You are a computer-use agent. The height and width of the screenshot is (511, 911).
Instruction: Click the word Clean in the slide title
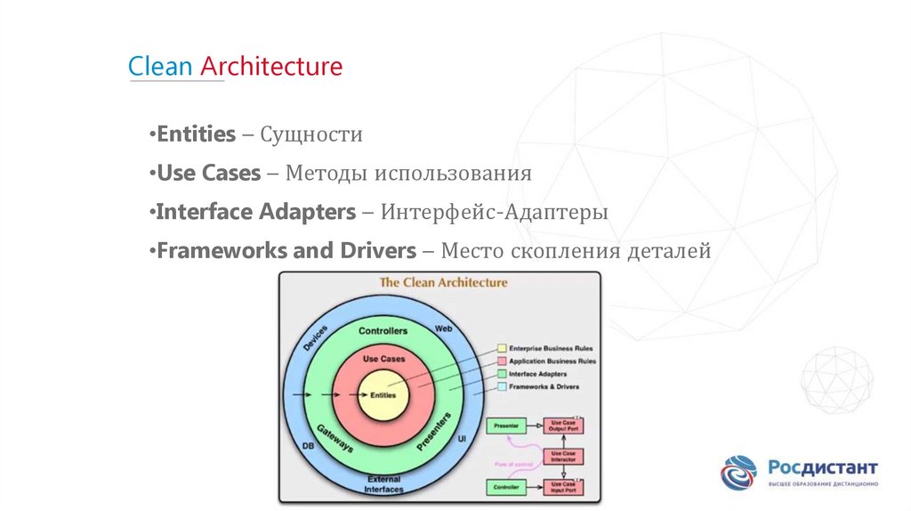click(x=161, y=67)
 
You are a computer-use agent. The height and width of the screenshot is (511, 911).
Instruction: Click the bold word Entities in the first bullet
click(x=196, y=134)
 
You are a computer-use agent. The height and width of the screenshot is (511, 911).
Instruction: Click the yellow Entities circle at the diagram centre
click(x=383, y=394)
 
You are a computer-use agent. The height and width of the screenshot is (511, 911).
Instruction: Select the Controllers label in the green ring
click(x=383, y=331)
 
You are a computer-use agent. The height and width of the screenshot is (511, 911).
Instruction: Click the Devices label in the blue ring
click(x=316, y=341)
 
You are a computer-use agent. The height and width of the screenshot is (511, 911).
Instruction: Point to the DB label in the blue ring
click(x=308, y=445)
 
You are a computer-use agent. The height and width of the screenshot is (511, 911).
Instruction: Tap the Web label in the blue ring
click(x=443, y=328)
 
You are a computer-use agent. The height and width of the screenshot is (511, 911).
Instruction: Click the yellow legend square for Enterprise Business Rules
click(x=502, y=348)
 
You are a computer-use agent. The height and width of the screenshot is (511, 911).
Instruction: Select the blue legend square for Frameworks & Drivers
click(x=502, y=386)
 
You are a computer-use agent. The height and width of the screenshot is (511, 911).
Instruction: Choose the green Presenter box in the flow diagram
click(x=505, y=426)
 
